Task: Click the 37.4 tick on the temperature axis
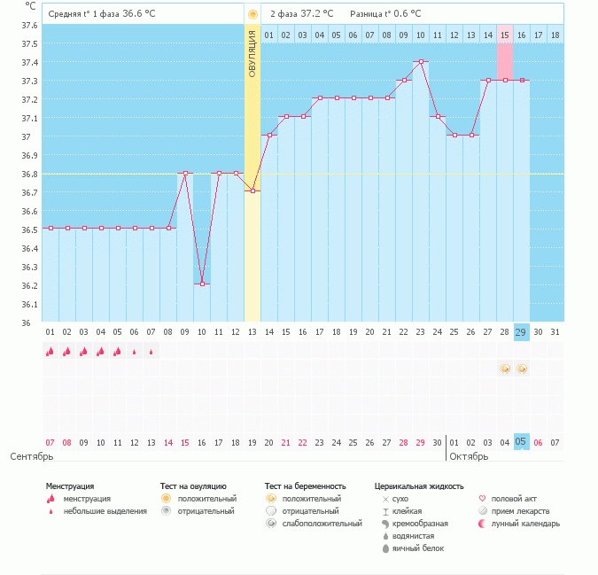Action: tap(30, 63)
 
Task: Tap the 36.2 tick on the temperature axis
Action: tap(30, 285)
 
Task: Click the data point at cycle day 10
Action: tap(202, 284)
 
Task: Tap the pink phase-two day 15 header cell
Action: tap(505, 35)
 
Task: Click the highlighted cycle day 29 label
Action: tap(522, 331)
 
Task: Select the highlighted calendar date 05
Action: tap(522, 441)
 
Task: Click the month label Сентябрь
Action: tap(33, 456)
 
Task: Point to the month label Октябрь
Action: tap(470, 456)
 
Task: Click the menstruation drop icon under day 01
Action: tap(50, 352)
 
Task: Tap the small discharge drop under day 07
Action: tap(151, 352)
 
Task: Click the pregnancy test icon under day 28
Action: tap(505, 369)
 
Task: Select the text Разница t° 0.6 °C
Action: tap(385, 14)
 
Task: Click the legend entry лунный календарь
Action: tap(525, 524)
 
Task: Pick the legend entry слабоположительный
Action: tap(322, 524)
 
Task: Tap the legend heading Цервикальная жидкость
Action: tap(419, 486)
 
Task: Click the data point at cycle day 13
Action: tap(252, 190)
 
